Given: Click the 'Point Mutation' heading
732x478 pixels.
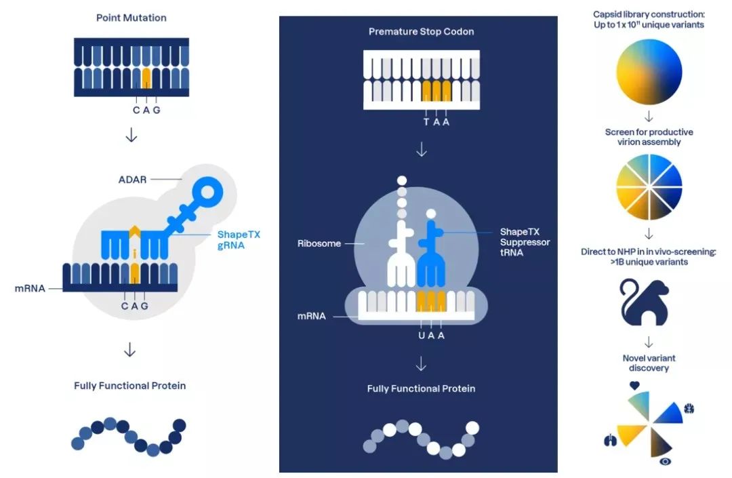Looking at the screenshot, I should [131, 18].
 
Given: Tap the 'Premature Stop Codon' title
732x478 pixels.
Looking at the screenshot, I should [421, 32].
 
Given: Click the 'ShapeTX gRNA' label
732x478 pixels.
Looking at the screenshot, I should [239, 239].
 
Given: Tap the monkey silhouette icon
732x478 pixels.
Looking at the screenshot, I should [644, 302].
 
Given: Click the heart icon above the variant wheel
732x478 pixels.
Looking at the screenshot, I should [634, 384].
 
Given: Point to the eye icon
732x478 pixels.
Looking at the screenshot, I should [666, 462].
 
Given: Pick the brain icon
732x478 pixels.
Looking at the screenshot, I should [689, 409].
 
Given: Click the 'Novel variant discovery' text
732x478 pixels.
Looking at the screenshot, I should [649, 363].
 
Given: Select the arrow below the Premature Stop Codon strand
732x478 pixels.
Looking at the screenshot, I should [421, 150].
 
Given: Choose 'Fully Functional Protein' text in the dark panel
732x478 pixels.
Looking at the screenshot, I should [421, 389].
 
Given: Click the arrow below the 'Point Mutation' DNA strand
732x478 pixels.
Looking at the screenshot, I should [131, 136].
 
